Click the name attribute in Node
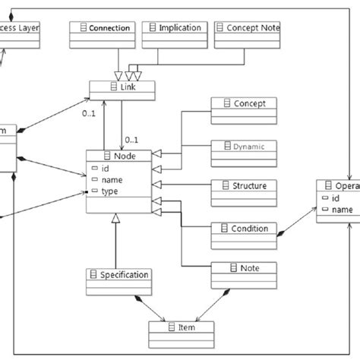coord(111,180)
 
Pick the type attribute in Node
coord(110,191)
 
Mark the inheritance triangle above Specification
coord(117,219)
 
